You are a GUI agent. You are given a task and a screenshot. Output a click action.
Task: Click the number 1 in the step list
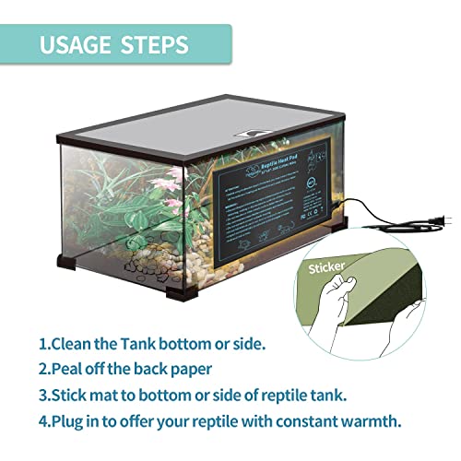point(42,345)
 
